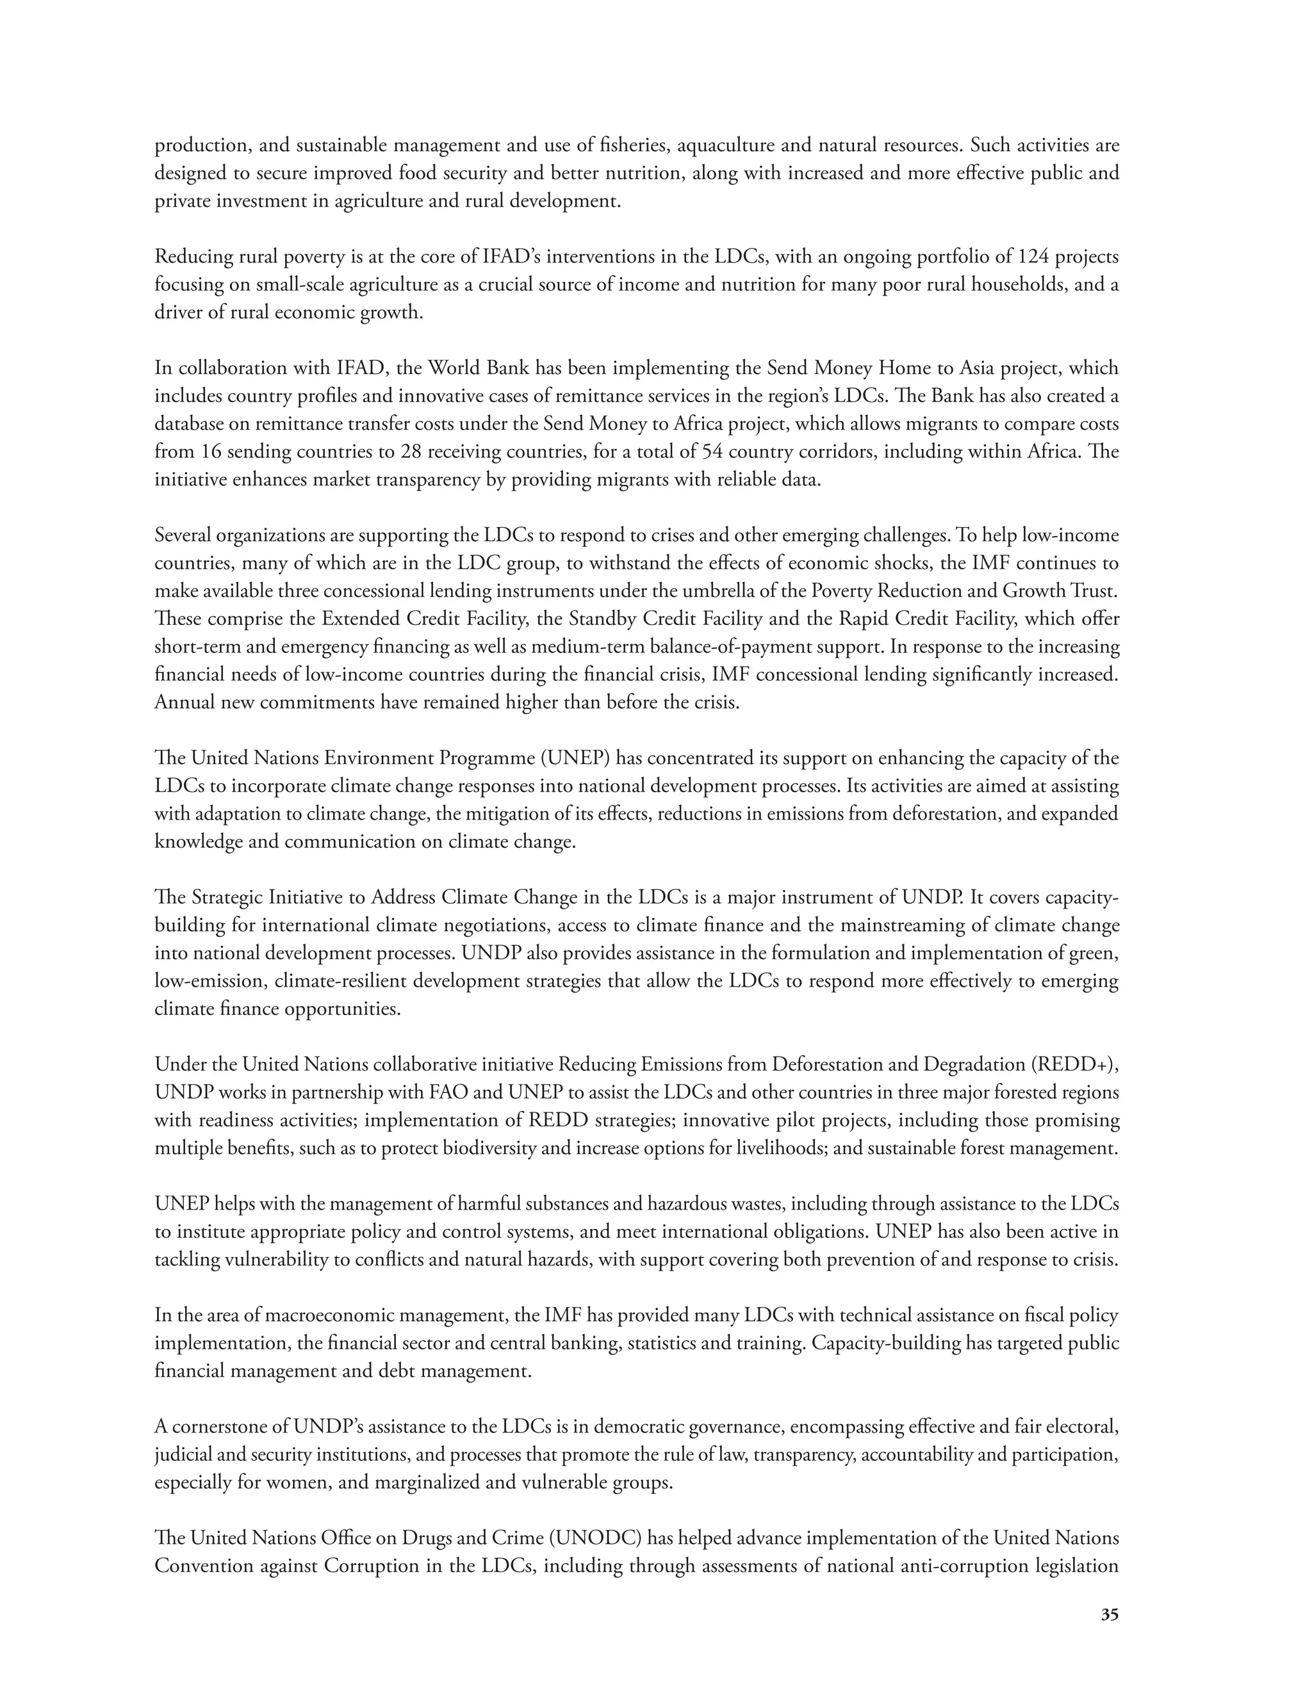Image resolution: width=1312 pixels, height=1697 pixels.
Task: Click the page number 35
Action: pyautogui.click(x=1109, y=1614)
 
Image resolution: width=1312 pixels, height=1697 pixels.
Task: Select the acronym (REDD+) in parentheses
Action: pyautogui.click(x=1075, y=1064)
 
